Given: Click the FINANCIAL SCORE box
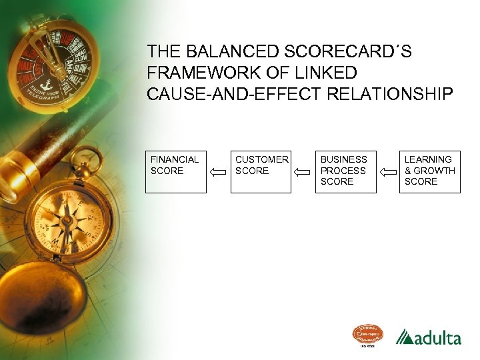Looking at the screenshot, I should pos(176,172).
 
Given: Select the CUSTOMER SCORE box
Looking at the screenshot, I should pos(261,172).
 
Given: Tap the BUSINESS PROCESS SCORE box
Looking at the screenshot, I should pos(345,172).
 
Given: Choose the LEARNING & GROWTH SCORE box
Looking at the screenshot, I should pos(430,172).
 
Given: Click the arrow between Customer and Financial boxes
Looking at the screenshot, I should pos(218,172).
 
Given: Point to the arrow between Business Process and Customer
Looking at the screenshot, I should pos(303,172).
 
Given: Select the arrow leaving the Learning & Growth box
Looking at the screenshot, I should pos(388,172).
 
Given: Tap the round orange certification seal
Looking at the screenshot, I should pos(368,335).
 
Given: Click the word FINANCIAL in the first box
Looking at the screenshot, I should pos(175,160).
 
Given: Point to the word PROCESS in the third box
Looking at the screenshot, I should pos(343,171).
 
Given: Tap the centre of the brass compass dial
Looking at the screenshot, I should pos(67,221).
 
